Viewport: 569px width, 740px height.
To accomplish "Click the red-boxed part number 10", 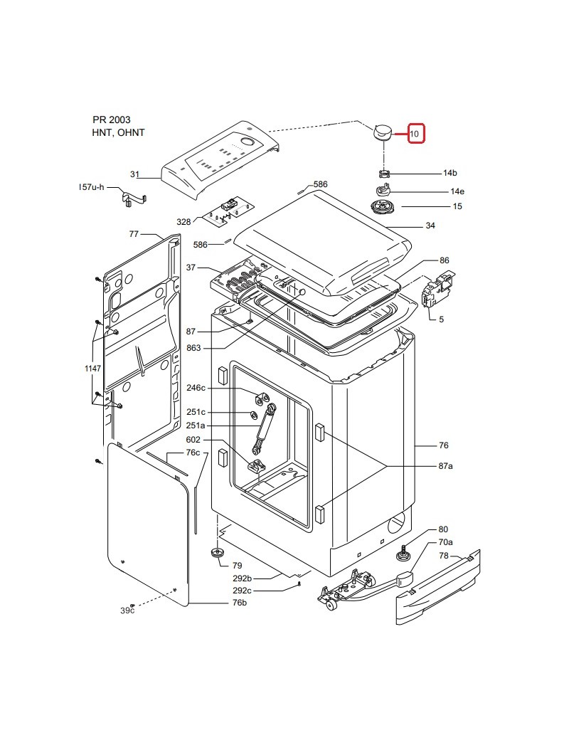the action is (414, 134).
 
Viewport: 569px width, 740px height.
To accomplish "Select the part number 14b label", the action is (450, 173).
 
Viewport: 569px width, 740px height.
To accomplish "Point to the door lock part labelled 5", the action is (437, 289).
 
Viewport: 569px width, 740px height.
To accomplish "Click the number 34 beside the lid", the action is (430, 226).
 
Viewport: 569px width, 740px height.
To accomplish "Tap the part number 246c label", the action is (196, 388).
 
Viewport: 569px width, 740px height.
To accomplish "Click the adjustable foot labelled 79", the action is (218, 553).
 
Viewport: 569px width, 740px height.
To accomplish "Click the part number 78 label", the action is (444, 556).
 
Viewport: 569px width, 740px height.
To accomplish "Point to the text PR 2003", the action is (112, 120).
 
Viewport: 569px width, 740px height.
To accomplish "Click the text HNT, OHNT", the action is (119, 132).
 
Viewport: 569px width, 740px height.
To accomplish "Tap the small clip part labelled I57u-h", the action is (134, 199).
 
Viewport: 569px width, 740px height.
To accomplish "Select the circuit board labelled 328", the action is (229, 210).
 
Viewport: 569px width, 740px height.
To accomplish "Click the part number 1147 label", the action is (93, 368).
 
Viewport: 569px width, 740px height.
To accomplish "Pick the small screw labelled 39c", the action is (132, 605).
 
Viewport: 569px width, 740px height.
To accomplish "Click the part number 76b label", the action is (239, 603).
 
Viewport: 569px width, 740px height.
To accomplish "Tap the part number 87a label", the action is (445, 466).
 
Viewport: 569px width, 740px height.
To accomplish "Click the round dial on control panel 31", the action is (247, 142).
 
